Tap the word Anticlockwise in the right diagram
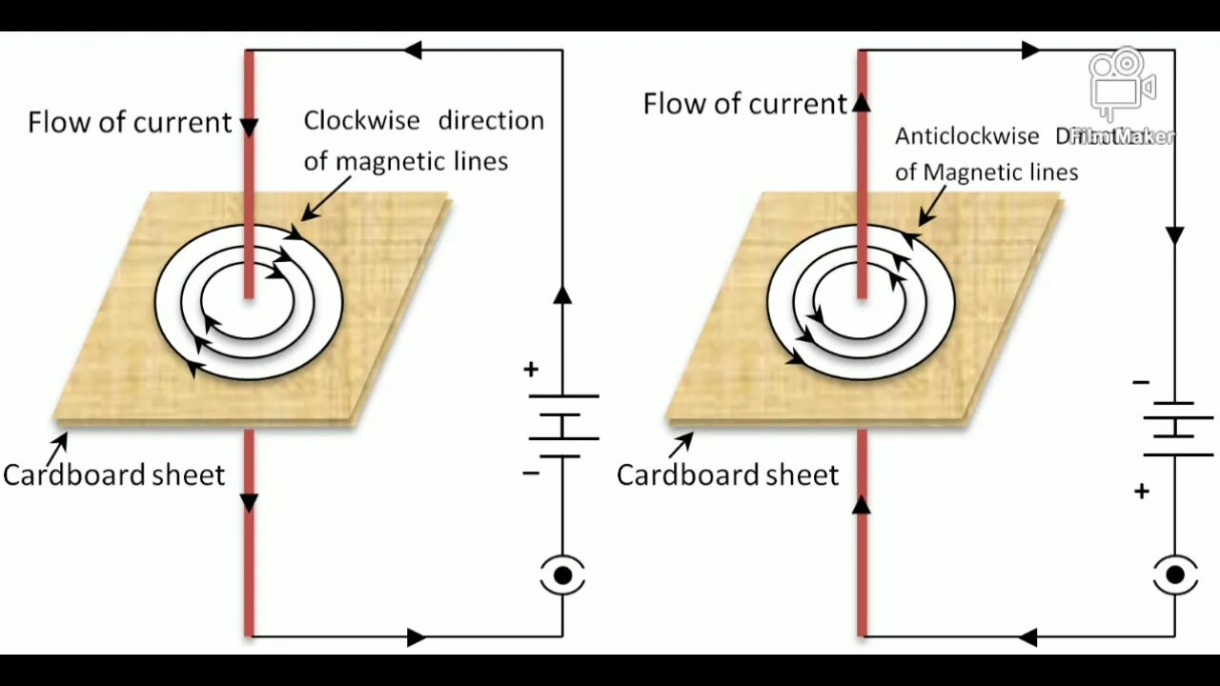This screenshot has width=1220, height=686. [966, 136]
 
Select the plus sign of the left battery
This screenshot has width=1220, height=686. [531, 370]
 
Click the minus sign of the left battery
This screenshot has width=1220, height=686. [531, 473]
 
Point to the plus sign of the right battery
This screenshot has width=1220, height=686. [1142, 492]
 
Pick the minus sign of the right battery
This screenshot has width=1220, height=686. [1141, 383]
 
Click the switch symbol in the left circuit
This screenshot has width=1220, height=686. [562, 575]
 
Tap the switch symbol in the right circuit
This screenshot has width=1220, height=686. [1174, 575]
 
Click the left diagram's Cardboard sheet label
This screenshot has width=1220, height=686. [113, 474]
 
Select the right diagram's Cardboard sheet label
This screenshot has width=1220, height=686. [727, 474]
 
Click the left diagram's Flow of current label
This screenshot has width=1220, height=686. [130, 122]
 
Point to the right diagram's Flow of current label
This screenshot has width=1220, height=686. [744, 104]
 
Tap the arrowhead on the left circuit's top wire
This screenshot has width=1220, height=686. [412, 50]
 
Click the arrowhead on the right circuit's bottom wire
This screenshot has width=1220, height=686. [1027, 636]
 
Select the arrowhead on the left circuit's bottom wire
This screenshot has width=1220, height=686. [416, 636]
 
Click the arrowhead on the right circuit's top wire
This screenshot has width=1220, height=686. [1030, 50]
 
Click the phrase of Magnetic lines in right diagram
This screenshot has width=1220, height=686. [986, 172]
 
